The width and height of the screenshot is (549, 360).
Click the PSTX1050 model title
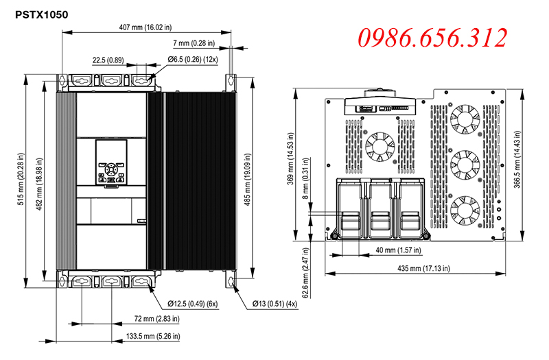(x=42, y=14)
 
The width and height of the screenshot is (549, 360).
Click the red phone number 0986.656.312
(x=432, y=38)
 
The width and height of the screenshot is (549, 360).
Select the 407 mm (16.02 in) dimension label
(x=145, y=27)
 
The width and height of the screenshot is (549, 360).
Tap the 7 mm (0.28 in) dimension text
(x=194, y=43)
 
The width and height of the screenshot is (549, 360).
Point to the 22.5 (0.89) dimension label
(x=108, y=60)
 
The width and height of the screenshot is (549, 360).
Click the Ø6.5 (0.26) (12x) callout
(x=193, y=60)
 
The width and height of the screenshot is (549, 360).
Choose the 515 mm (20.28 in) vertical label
(x=21, y=179)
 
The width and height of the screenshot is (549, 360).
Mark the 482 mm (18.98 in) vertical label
(x=39, y=184)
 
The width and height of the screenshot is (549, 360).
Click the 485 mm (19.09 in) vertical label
(x=248, y=179)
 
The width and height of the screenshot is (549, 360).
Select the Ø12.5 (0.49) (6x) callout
(x=193, y=304)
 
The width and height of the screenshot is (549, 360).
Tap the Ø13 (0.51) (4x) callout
(x=275, y=304)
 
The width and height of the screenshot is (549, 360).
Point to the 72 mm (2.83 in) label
(x=157, y=319)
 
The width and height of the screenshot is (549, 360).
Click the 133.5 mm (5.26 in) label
(x=153, y=336)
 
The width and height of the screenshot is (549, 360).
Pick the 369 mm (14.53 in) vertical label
(x=290, y=158)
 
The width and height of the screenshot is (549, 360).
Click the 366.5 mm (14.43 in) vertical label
(x=517, y=159)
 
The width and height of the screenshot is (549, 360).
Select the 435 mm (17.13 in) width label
(x=423, y=268)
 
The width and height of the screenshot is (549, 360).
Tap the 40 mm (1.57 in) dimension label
(x=399, y=250)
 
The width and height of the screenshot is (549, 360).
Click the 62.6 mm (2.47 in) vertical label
(x=305, y=273)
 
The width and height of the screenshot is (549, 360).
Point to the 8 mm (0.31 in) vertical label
(x=305, y=178)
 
